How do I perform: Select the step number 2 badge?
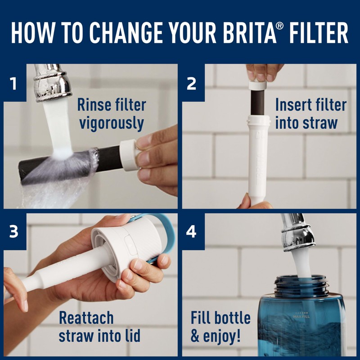(x=192, y=84)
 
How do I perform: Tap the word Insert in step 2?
(x=292, y=105)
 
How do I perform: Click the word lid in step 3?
(x=130, y=335)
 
